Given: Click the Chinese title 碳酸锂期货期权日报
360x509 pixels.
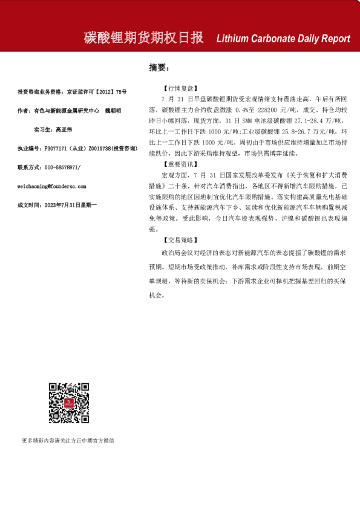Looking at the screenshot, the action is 143,37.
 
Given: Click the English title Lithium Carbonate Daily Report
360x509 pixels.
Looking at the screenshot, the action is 283,38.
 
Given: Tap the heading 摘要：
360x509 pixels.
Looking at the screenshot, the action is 159,67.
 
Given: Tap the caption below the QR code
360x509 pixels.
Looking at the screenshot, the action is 68,441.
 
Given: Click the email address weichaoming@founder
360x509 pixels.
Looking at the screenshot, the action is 52,186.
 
